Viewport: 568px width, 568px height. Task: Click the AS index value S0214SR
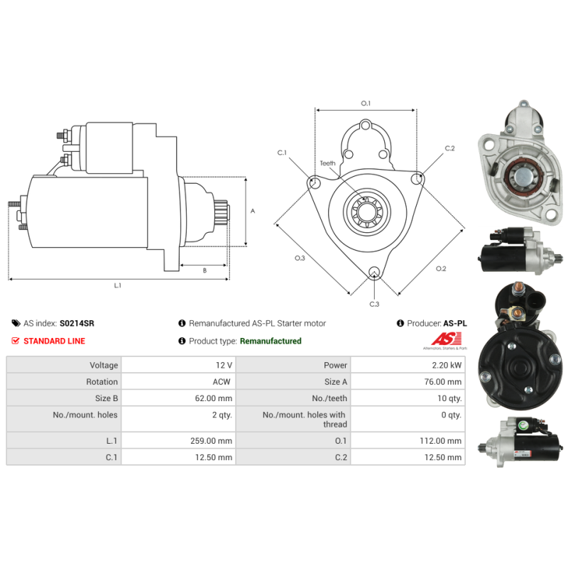(77, 323)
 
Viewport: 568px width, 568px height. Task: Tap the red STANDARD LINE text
(55, 341)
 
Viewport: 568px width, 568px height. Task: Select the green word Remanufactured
(271, 341)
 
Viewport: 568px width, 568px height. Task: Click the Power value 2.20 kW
(447, 365)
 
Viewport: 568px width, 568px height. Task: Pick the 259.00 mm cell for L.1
(211, 441)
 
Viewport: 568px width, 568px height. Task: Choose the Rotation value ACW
(222, 382)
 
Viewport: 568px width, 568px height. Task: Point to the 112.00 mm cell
(440, 441)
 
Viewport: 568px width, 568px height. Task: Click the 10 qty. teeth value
(449, 398)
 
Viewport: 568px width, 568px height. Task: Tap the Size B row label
(106, 398)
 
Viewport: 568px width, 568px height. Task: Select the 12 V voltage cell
(224, 365)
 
